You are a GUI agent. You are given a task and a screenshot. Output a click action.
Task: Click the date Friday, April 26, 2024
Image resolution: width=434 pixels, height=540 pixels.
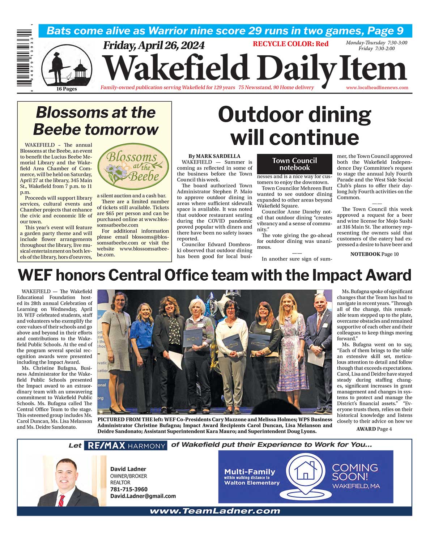coord(154,46)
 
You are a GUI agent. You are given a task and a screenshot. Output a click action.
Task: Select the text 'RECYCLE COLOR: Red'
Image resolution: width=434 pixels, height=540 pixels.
coord(290,44)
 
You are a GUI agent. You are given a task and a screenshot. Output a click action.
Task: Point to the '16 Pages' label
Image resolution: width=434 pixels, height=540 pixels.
coord(67,89)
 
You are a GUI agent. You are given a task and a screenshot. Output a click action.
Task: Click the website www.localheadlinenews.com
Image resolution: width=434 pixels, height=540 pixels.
coord(377,88)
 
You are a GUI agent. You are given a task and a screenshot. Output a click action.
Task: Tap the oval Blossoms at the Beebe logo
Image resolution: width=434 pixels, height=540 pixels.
coord(133,167)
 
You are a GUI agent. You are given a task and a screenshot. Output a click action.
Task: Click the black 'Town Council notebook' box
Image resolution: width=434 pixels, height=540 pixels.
coord(294,164)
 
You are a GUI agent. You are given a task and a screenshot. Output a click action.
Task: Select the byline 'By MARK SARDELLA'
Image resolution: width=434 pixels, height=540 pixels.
coord(214,156)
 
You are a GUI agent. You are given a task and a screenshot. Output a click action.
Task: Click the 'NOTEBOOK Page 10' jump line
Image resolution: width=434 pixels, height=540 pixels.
coord(374,254)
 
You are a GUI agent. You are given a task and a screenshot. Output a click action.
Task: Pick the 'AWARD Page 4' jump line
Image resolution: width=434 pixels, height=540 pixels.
coord(374,429)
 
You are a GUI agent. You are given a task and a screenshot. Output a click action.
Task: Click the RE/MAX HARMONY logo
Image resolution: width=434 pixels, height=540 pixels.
coord(125,446)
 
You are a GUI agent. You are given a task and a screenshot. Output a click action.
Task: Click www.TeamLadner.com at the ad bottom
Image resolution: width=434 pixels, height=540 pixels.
coord(215,511)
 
